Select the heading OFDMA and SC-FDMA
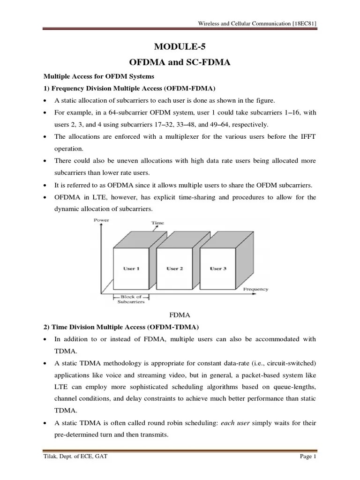click(180, 61)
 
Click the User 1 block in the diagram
click(131, 269)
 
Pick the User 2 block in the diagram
click(174, 269)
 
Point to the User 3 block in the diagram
click(218, 269)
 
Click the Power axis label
click(102, 220)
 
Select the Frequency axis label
click(255, 289)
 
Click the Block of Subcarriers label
click(131, 299)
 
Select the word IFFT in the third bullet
click(308, 136)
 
